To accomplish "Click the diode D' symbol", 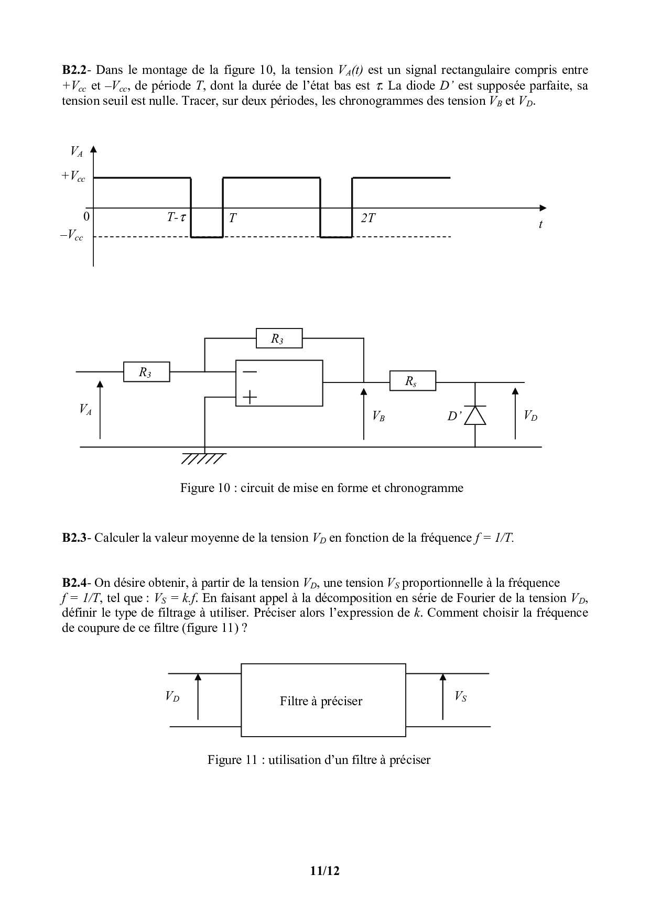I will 475,415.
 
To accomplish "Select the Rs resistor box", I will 413,381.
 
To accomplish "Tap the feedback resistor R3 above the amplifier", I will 279,338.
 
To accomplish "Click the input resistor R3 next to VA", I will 146,372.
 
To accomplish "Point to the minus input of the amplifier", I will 250,371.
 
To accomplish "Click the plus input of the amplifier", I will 250,398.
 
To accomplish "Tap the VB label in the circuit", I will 378,416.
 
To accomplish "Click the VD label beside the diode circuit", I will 530,416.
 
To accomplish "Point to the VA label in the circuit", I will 85,409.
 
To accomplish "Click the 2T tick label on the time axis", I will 368,218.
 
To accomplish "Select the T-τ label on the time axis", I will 176,217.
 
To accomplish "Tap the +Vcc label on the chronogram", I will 73,177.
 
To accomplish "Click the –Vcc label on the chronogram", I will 72,236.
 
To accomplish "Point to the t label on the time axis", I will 540,224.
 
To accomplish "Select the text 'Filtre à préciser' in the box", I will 321,701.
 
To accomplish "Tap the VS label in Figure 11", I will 460,696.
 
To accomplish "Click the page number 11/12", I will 325,871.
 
